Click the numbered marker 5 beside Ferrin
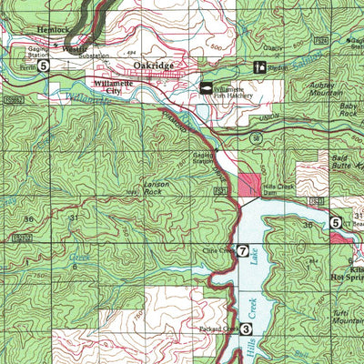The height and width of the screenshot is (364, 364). (42, 66)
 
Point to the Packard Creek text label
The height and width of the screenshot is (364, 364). (217, 329)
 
